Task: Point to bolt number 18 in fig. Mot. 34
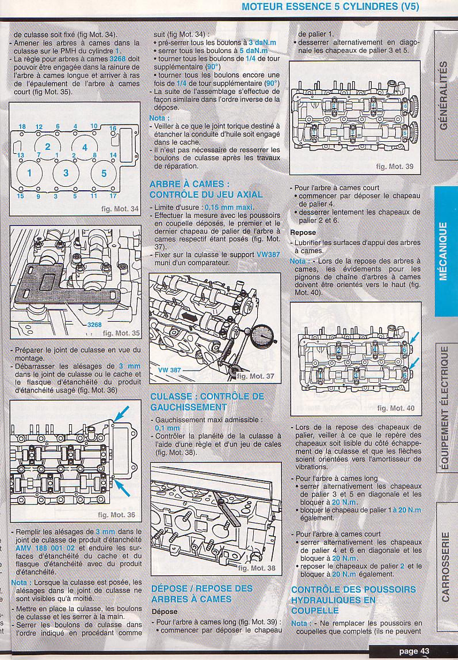pyautogui.click(x=22, y=127)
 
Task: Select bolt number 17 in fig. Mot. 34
pyautogui.click(x=113, y=196)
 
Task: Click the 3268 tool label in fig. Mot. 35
pyautogui.click(x=94, y=325)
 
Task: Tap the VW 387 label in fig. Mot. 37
pyautogui.click(x=169, y=370)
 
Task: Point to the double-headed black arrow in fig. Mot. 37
pyautogui.click(x=189, y=316)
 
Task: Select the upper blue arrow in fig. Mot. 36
pyautogui.click(x=122, y=414)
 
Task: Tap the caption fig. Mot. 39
pyautogui.click(x=395, y=166)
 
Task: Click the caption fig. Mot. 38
pyautogui.click(x=257, y=568)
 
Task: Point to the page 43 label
pyautogui.click(x=414, y=651)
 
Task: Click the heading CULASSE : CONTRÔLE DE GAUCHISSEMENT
pyautogui.click(x=207, y=402)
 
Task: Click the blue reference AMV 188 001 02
pyautogui.click(x=45, y=548)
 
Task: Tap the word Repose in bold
pyautogui.click(x=303, y=232)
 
